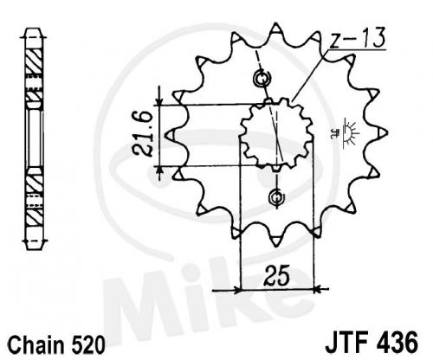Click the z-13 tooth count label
[x=358, y=38]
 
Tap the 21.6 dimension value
[x=142, y=134]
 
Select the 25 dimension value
[x=276, y=275]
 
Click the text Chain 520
[x=56, y=344]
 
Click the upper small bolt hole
[x=262, y=78]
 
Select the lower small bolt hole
[x=276, y=197]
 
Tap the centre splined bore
[x=276, y=134]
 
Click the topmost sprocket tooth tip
[x=276, y=24]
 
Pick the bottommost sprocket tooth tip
[x=276, y=245]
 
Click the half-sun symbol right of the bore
[x=351, y=135]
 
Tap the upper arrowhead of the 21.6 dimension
[x=159, y=102]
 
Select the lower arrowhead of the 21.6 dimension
[x=158, y=170]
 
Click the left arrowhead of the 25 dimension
[x=236, y=289]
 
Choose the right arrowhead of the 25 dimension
[x=317, y=288]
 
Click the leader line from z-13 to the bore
[x=310, y=76]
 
